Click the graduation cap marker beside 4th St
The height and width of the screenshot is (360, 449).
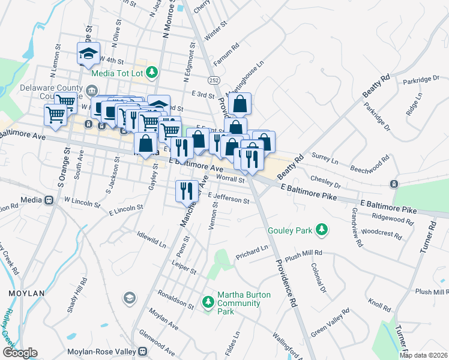tap(88, 53)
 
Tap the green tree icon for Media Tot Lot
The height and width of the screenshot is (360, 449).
tap(152, 72)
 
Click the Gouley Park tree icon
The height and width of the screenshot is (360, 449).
tap(322, 229)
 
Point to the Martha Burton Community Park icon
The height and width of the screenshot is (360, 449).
tap(208, 301)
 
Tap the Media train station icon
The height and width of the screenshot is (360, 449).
tap(47, 199)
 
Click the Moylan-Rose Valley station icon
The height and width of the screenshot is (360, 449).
tap(143, 352)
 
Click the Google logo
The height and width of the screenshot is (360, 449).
tap(19, 353)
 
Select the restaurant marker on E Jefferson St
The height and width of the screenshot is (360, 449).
tap(186, 191)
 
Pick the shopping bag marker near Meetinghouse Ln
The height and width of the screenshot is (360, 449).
tap(240, 104)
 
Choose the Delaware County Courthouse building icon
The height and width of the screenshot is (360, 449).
tap(91, 91)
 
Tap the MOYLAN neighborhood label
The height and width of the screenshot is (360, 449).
tap(27, 293)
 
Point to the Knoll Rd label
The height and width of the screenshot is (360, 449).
tap(379, 304)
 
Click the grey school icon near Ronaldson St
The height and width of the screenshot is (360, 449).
tap(129, 298)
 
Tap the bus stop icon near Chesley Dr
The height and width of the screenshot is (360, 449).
tap(394, 184)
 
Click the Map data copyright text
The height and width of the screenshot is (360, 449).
tap(424, 355)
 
